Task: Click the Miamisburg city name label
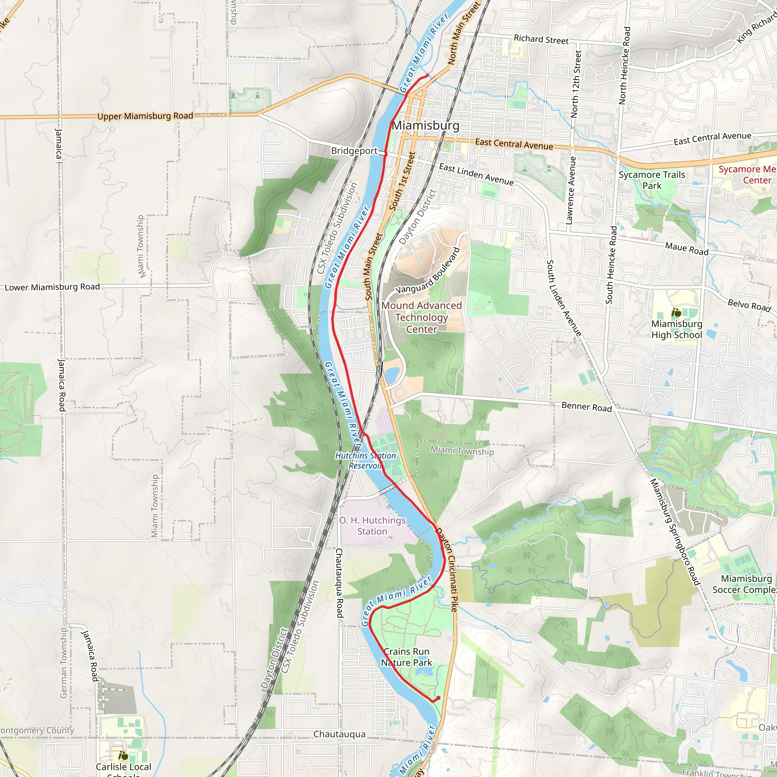coord(426,126)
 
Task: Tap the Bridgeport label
coord(354,151)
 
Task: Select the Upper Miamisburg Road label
coord(145,116)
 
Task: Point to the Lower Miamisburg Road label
coord(52,287)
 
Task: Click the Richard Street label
coord(541,39)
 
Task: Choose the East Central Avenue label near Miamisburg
coord(514,144)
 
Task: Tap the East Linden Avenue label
coord(476,174)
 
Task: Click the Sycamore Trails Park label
coord(651,180)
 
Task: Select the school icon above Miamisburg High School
coord(676,312)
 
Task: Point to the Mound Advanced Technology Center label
coord(422,317)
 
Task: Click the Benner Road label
coord(587,407)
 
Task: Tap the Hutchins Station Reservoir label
coord(365,461)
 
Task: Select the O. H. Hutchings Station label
coord(373,525)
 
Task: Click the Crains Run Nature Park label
coord(406,657)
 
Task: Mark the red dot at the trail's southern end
coord(438,698)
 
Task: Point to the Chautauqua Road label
coord(340,583)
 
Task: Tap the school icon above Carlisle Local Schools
coord(123,756)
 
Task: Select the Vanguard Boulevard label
coord(428,271)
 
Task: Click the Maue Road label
coord(686,249)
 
